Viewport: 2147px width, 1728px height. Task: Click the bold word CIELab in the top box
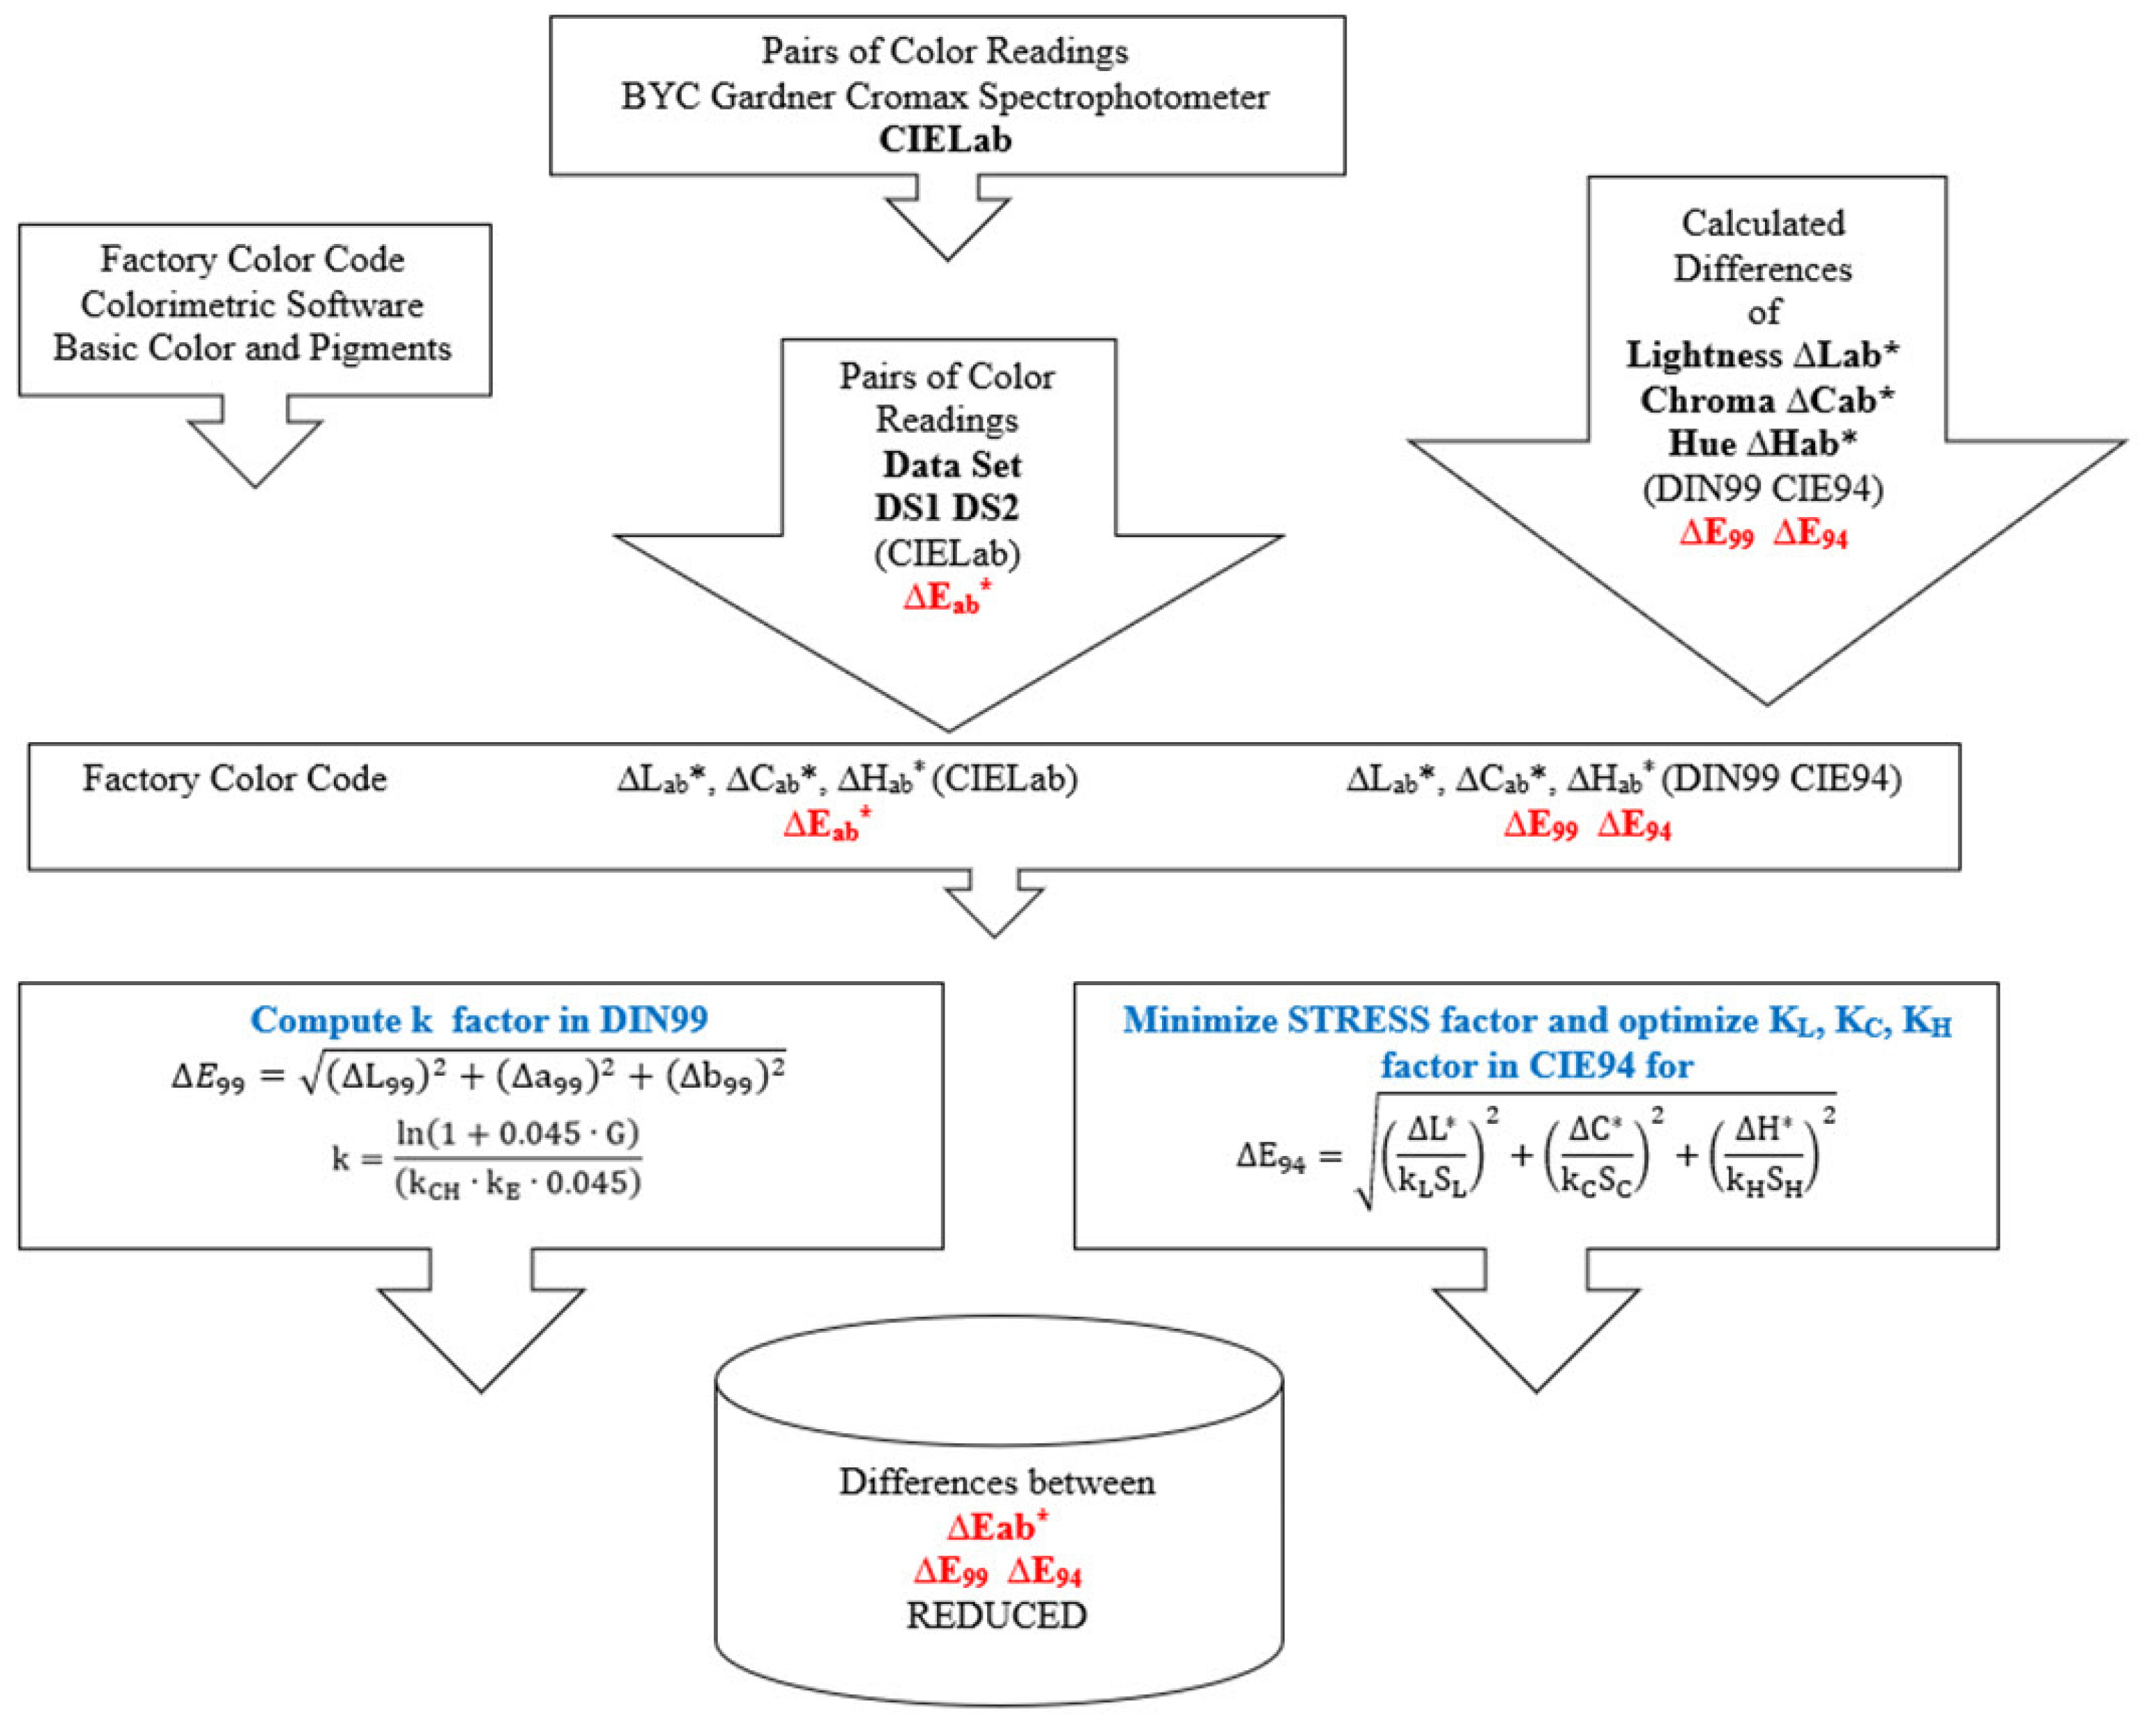[x=945, y=139]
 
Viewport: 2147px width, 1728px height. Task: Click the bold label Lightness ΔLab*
[x=1762, y=355]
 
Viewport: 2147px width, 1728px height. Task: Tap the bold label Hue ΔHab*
[x=1762, y=443]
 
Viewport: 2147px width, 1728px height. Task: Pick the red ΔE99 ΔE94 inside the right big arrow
[x=1763, y=534]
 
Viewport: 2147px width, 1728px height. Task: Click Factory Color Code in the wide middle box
[x=234, y=778]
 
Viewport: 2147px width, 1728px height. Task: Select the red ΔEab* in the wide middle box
[x=827, y=825]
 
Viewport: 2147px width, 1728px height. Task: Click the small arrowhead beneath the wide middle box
[x=994, y=908]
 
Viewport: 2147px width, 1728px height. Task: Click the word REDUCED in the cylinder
[x=996, y=1614]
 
